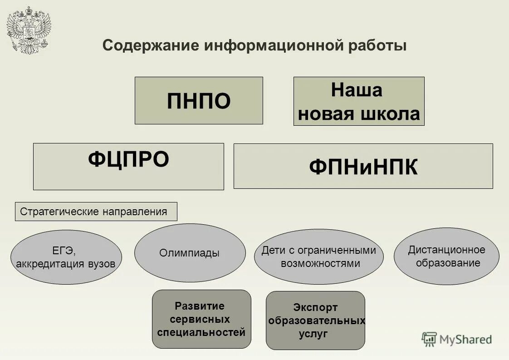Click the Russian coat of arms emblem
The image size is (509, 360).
(29, 30)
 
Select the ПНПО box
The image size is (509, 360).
(199, 101)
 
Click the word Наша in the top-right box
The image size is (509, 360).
(357, 90)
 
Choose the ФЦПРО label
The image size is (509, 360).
(128, 159)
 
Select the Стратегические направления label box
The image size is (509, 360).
(96, 212)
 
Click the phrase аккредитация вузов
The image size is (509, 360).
(66, 264)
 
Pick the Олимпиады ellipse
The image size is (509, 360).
(190, 253)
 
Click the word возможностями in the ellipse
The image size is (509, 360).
(320, 263)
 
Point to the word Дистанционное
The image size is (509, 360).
(446, 250)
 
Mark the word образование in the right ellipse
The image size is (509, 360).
(448, 263)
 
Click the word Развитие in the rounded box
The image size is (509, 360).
(200, 306)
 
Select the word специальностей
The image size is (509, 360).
(201, 332)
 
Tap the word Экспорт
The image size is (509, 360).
(315, 308)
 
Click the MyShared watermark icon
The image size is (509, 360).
(429, 339)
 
